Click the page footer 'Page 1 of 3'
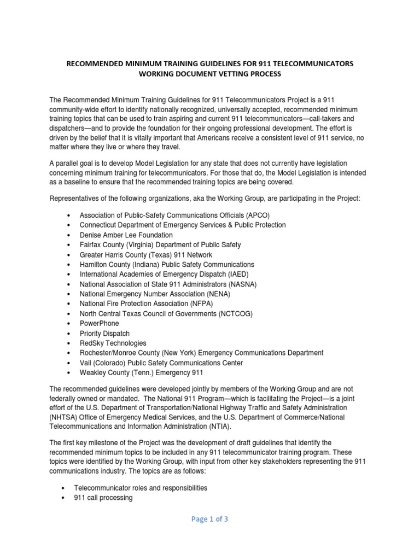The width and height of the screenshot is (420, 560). (x=210, y=520)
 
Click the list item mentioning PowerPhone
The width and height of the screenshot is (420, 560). (x=99, y=323)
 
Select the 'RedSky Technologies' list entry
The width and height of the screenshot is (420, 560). (x=113, y=343)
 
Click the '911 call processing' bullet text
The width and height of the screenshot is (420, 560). (x=106, y=498)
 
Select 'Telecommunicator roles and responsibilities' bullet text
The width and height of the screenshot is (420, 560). (x=143, y=488)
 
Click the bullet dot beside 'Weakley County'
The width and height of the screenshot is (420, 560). (x=67, y=372)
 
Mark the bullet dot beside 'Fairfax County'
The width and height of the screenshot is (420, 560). (x=67, y=244)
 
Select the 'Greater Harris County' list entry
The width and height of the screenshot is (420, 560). (x=146, y=254)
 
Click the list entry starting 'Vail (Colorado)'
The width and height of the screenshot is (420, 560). (x=161, y=363)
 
